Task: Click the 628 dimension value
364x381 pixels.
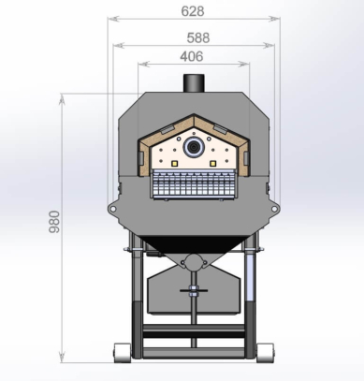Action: click(193, 11)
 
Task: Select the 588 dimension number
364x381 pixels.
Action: click(198, 38)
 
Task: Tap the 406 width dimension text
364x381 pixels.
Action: click(192, 56)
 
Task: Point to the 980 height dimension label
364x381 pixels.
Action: click(54, 222)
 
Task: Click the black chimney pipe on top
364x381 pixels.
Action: click(194, 83)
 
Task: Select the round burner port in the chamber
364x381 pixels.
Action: click(194, 147)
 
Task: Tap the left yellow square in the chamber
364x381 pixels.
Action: click(174, 163)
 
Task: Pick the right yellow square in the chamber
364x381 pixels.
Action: click(213, 163)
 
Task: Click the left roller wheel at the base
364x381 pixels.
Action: click(122, 353)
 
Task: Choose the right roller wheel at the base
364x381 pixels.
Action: click(266, 353)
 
